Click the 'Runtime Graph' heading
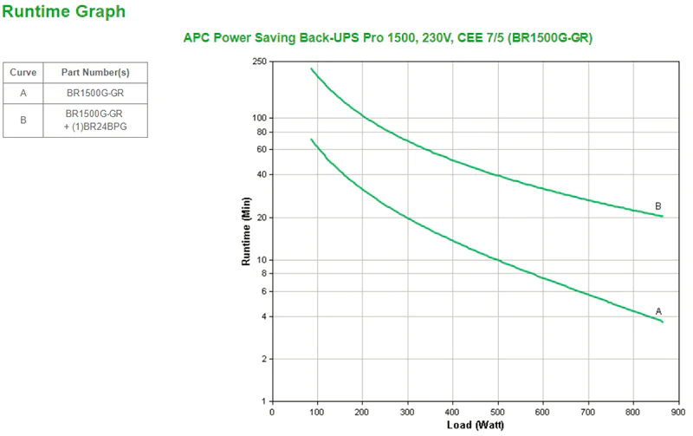(63, 11)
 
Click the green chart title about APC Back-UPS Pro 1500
(388, 38)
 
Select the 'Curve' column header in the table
(23, 73)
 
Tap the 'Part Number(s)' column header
(95, 73)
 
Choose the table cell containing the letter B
(23, 120)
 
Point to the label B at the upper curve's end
(658, 206)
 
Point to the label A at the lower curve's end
(658, 311)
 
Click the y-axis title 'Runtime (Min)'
(245, 231)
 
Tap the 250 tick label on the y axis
(259, 62)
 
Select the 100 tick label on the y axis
(259, 118)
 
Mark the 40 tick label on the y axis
(262, 174)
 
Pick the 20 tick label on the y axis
(262, 218)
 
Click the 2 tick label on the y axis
(264, 359)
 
